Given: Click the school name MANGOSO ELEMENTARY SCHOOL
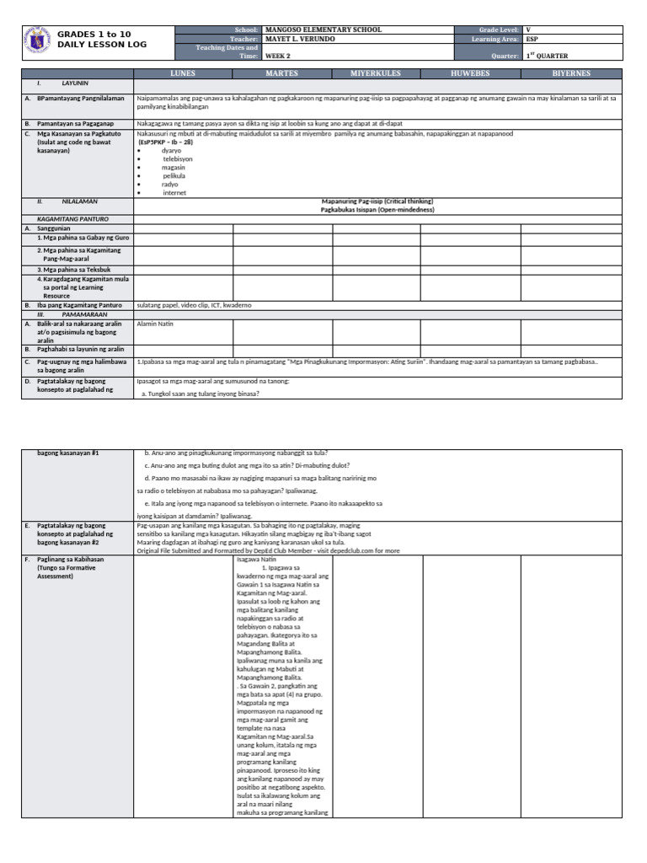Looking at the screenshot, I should click(323, 29).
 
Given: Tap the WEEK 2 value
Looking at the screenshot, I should click(276, 56).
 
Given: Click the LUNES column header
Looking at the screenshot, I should click(183, 74).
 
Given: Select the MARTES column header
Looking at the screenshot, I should click(282, 74).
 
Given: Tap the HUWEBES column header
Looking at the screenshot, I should click(470, 74).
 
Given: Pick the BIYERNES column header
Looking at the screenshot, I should click(571, 74).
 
